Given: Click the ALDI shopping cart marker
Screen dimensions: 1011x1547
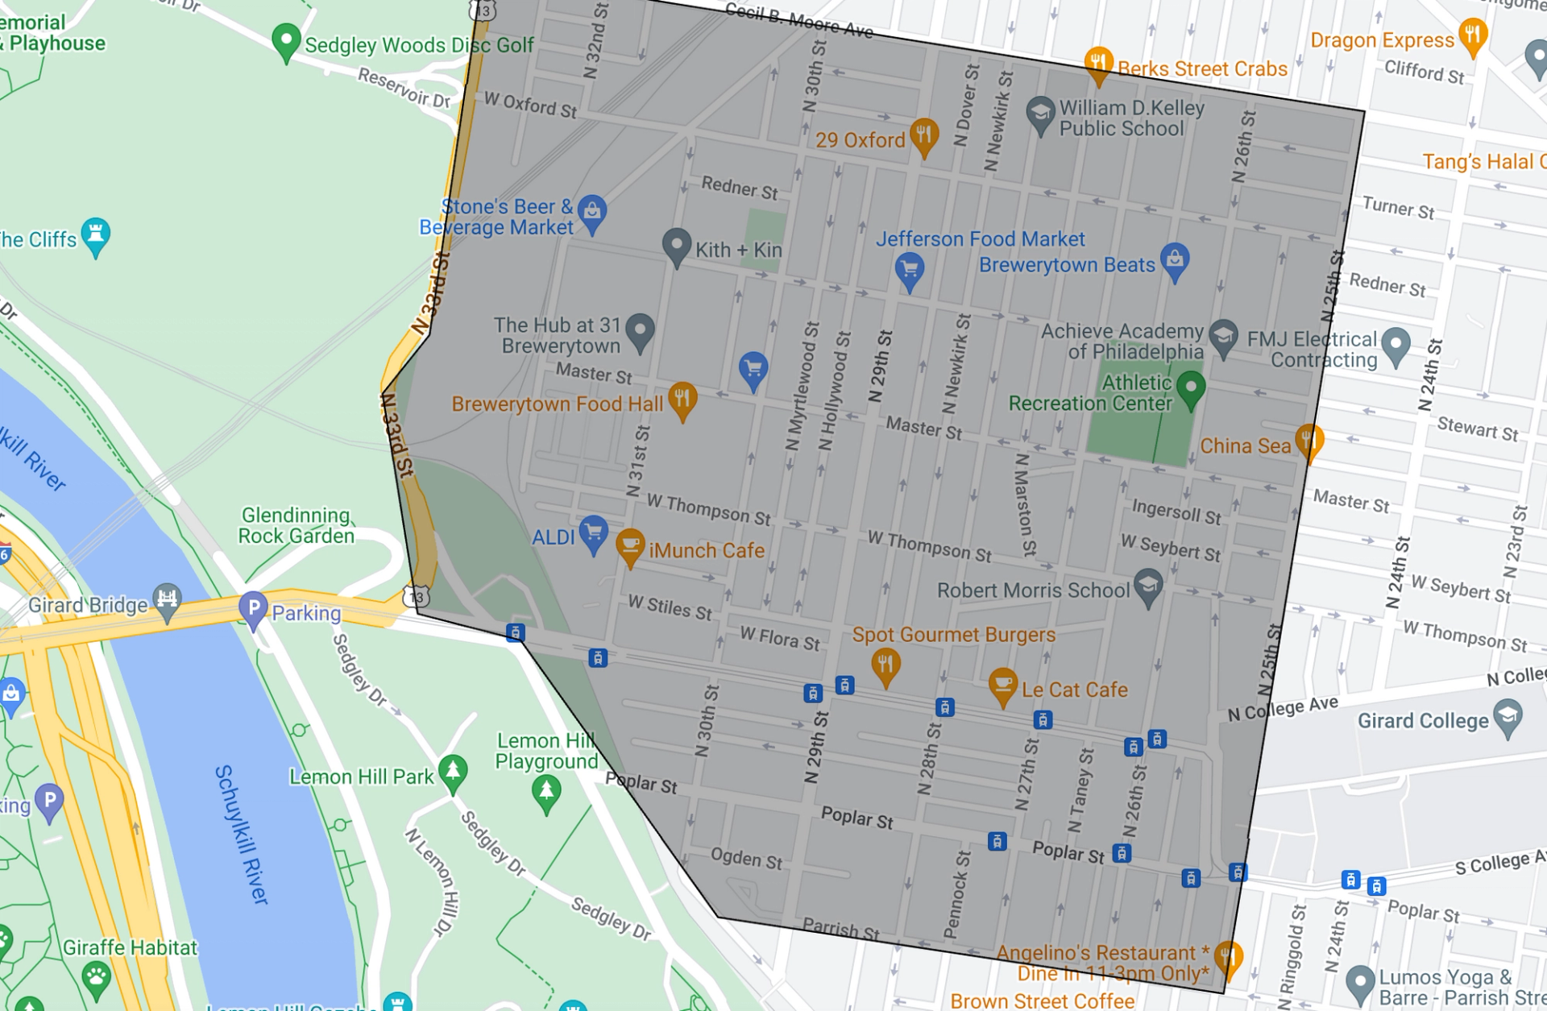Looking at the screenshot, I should click(x=593, y=532).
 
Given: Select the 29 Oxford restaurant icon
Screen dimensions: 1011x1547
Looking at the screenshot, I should click(x=923, y=135).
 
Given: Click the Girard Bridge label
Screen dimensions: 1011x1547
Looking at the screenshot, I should click(x=88, y=605).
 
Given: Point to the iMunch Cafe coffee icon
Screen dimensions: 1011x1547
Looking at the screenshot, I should click(x=629, y=545).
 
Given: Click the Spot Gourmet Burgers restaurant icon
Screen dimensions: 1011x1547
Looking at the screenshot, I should click(x=885, y=665).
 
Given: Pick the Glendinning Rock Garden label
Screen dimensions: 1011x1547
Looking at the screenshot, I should click(x=296, y=525).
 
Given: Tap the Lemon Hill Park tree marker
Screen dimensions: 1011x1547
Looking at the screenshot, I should click(x=453, y=771).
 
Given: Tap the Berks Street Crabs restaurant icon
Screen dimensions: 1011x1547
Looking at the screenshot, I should click(x=1098, y=63).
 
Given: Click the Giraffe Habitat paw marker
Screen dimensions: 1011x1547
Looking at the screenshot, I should click(x=97, y=977).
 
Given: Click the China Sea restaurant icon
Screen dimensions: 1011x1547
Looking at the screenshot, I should click(x=1309, y=441).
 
